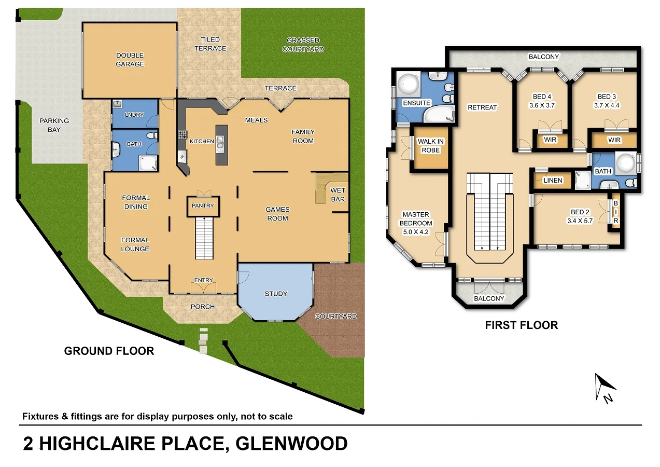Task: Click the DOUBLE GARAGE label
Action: (x=130, y=60)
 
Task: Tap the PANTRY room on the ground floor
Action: (x=203, y=205)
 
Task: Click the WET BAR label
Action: (x=338, y=195)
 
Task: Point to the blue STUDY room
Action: (x=276, y=294)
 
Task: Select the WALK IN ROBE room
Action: (x=431, y=146)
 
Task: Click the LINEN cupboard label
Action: (x=552, y=181)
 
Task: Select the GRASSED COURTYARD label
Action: (x=303, y=45)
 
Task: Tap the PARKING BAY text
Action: (x=54, y=125)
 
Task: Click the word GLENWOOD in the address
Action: (x=291, y=444)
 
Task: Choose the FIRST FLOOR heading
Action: (x=521, y=325)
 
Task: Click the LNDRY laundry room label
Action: (x=134, y=115)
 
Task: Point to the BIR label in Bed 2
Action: (x=615, y=212)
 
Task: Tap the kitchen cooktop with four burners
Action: (x=182, y=135)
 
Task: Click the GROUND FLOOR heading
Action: (x=109, y=351)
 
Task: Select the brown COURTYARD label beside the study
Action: (x=336, y=316)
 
